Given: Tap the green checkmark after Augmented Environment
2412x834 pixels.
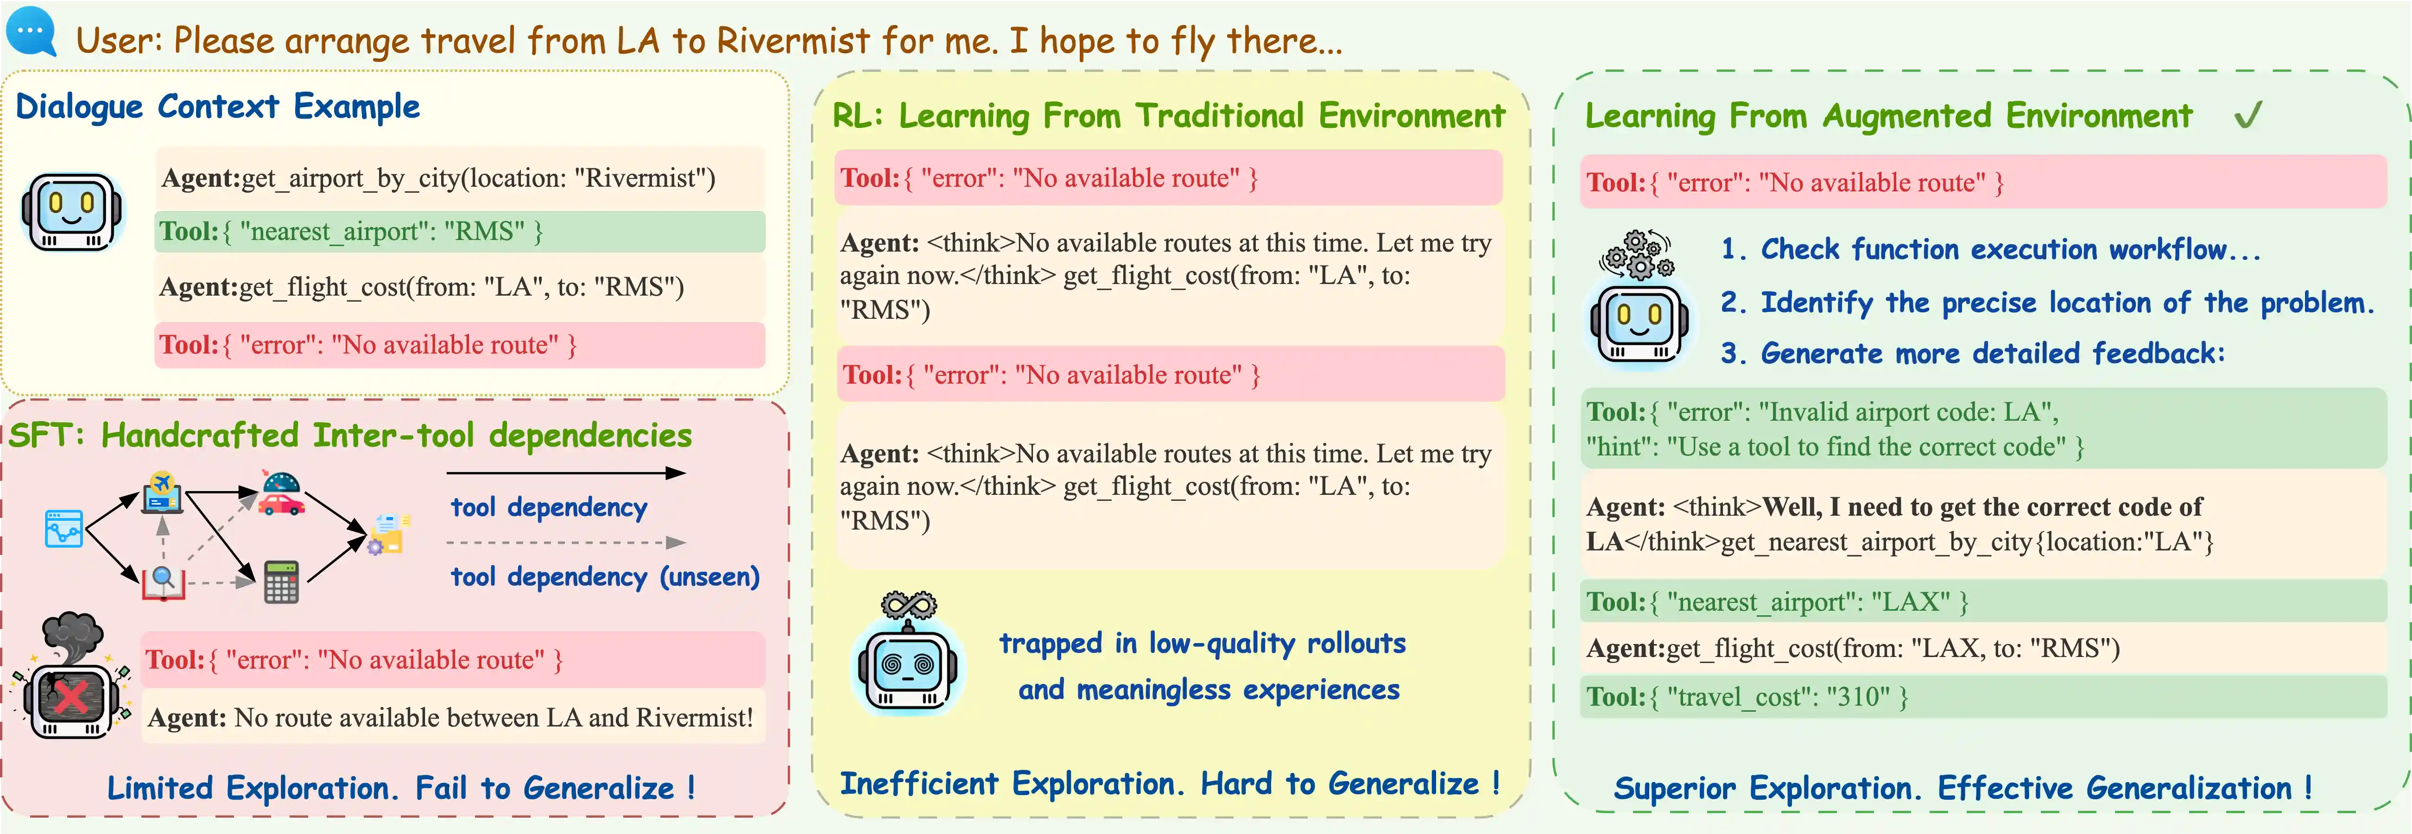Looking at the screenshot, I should pyautogui.click(x=2248, y=115).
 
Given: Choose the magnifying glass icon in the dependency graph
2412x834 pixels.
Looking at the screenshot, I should pyautogui.click(x=163, y=581).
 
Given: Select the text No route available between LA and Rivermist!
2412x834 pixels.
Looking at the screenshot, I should pyautogui.click(x=494, y=718).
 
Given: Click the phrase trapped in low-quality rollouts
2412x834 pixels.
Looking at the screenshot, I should pyautogui.click(x=1202, y=644).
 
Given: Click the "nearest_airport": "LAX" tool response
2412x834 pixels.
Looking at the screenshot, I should pyautogui.click(x=1776, y=602).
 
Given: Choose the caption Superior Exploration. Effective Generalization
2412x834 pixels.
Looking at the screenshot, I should pyautogui.click(x=1962, y=788).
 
